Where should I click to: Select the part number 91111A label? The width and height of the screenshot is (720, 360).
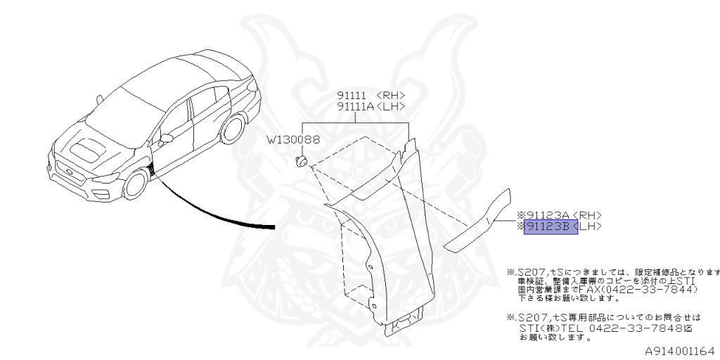(355, 106)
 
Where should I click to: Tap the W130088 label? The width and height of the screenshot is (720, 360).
(292, 139)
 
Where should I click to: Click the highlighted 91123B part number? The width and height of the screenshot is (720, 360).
(550, 226)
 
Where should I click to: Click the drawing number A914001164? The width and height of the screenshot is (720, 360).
(679, 349)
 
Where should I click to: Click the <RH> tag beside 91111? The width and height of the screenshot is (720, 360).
(391, 95)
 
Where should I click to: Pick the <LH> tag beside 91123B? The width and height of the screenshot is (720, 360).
(591, 226)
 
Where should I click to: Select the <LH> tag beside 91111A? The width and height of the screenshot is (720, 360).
(391, 106)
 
